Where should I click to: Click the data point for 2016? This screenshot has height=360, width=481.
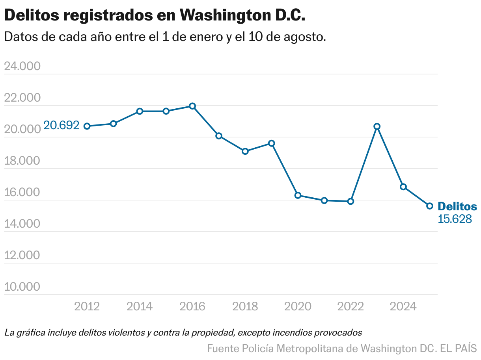tap(192, 106)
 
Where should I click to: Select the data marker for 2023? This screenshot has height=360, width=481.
tap(377, 126)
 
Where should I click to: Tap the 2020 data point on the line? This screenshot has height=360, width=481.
tap(298, 195)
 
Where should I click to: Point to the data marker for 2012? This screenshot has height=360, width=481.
tap(87, 126)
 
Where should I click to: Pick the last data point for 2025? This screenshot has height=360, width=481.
tap(430, 206)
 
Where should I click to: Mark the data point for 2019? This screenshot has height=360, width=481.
tap(272, 143)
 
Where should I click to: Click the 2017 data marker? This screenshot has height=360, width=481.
tap(219, 136)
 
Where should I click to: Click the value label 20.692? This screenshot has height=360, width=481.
tap(61, 126)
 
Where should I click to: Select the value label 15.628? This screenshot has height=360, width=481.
tap(455, 219)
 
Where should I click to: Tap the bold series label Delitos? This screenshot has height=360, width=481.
tap(457, 206)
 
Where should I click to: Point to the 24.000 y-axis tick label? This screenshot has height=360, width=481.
tap(22, 66)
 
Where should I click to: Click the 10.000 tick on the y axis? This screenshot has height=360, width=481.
tap(22, 287)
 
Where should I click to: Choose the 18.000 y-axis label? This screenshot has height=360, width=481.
tap(22, 161)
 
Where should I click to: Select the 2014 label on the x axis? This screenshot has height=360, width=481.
tap(140, 306)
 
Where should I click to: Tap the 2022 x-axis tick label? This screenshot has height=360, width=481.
tap(350, 306)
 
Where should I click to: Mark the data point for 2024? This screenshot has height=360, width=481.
tap(403, 187)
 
